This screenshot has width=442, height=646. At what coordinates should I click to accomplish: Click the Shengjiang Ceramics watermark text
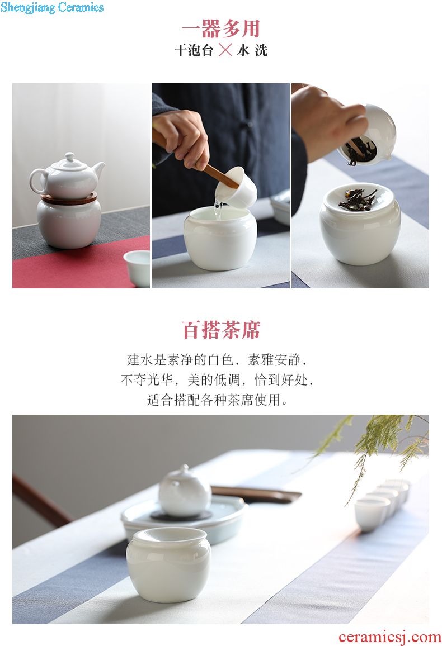coord(52,7)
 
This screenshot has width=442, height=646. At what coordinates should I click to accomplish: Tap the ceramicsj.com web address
coord(389,637)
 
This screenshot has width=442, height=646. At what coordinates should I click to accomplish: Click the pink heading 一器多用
coord(221,29)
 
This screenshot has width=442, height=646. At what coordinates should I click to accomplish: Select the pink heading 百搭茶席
coord(221,330)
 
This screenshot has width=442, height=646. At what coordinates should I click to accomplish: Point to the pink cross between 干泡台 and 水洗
coord(225,50)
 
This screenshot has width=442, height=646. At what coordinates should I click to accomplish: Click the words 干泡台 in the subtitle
coord(194,50)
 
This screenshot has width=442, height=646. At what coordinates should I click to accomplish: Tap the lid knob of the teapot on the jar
coord(70,157)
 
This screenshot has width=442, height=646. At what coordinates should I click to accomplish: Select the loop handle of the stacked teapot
coord(36,181)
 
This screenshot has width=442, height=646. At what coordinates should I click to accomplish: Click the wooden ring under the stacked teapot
coord(69,198)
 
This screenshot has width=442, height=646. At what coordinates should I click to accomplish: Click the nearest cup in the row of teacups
coord(372,514)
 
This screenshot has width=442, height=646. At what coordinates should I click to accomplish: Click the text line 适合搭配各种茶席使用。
coord(218,400)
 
